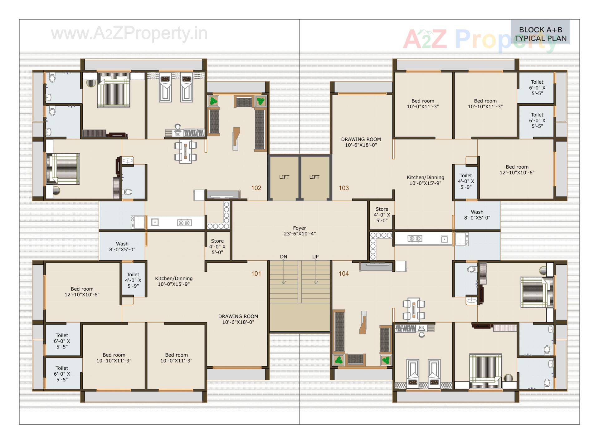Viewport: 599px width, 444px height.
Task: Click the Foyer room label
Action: click(299, 231)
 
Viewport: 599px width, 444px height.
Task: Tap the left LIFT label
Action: click(284, 177)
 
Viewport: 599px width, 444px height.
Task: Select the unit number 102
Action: click(256, 188)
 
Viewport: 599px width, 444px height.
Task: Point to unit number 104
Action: click(343, 274)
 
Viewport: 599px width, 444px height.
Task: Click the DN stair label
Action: click(283, 257)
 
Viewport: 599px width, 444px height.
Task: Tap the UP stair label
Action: click(315, 257)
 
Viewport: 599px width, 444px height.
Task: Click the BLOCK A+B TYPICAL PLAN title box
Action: click(540, 34)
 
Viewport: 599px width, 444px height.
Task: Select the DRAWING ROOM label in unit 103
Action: click(361, 142)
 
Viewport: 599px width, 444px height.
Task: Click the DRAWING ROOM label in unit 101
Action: click(238, 319)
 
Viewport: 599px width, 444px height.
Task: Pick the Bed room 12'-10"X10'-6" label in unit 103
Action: click(517, 170)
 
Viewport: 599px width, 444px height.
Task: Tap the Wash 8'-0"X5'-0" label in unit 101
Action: click(122, 246)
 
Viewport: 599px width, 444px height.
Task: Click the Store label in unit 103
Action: click(382, 215)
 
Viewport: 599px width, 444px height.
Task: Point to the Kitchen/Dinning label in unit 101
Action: click(174, 281)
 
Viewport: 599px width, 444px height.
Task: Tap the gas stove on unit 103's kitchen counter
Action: click(415, 239)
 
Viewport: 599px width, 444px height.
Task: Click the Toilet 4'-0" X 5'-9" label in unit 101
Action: click(133, 280)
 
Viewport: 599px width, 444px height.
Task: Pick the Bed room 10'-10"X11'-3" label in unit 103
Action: click(485, 104)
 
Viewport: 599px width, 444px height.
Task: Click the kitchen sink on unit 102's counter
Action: click(155, 222)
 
